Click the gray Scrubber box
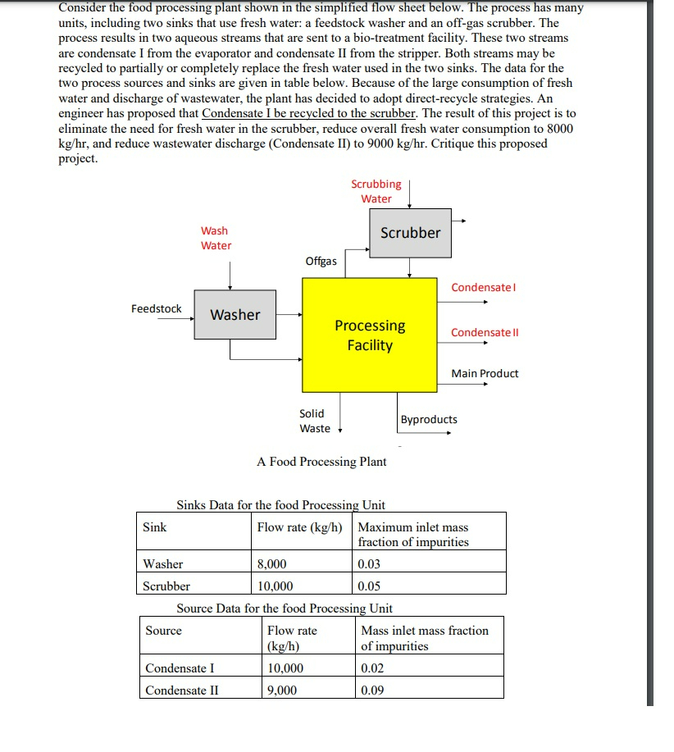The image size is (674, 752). tap(410, 233)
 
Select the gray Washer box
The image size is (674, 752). tap(235, 314)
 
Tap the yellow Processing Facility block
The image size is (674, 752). tap(370, 335)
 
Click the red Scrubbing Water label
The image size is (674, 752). tap(376, 191)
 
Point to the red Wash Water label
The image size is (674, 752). tap(216, 238)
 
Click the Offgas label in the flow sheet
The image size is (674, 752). tap(321, 261)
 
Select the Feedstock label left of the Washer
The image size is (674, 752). tap(157, 308)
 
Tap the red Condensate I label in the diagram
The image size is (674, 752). tap(484, 287)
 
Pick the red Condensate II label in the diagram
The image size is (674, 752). tap(485, 332)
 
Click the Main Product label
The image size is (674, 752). tap(485, 373)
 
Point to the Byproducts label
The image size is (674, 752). tap(429, 419)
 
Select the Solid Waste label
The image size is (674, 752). tap(314, 421)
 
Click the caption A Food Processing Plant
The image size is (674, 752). tap(321, 462)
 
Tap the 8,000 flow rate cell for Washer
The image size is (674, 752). tap(272, 563)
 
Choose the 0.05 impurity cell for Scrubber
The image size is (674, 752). tap(370, 586)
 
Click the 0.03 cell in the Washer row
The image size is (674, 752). tap(370, 563)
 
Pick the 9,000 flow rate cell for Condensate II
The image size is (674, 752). tap(282, 690)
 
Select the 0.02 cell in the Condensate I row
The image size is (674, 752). tap(372, 668)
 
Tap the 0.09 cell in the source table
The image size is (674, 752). tap(372, 690)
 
